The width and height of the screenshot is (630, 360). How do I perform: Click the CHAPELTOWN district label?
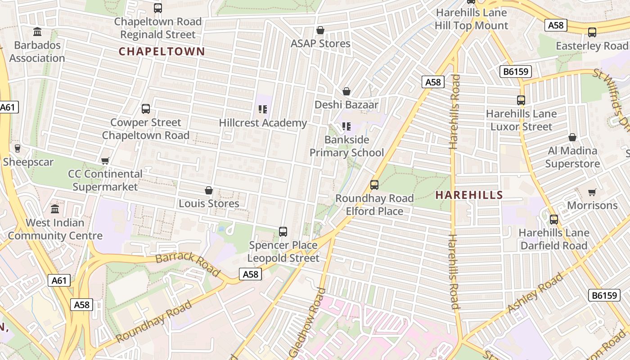click(162, 51)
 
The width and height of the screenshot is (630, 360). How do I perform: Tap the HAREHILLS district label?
click(469, 195)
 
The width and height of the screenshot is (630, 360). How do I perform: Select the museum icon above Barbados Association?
click(37, 32)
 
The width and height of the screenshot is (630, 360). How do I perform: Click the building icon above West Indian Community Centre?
click(55, 209)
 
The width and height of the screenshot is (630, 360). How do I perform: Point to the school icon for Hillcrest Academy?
click(263, 109)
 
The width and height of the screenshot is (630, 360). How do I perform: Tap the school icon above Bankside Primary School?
click(346, 126)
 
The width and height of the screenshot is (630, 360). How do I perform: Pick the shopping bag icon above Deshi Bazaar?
click(346, 91)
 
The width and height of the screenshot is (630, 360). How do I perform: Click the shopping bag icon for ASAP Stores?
click(320, 30)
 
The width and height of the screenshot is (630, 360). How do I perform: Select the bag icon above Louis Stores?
click(209, 190)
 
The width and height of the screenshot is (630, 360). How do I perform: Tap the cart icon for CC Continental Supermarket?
click(105, 161)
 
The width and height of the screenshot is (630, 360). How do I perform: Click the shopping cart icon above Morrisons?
click(592, 192)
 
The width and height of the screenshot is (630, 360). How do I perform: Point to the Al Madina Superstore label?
click(572, 157)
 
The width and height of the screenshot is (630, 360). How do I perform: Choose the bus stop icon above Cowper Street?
click(146, 109)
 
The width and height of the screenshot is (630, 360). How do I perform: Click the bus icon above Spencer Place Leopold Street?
click(283, 232)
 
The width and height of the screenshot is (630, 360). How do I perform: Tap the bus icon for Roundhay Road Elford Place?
click(374, 184)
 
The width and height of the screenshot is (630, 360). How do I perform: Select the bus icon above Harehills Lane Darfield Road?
click(554, 220)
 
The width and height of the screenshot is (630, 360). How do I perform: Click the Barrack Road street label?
click(188, 264)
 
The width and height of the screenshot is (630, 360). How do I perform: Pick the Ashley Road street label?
click(535, 293)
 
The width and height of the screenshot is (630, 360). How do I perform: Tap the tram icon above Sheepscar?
click(18, 148)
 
